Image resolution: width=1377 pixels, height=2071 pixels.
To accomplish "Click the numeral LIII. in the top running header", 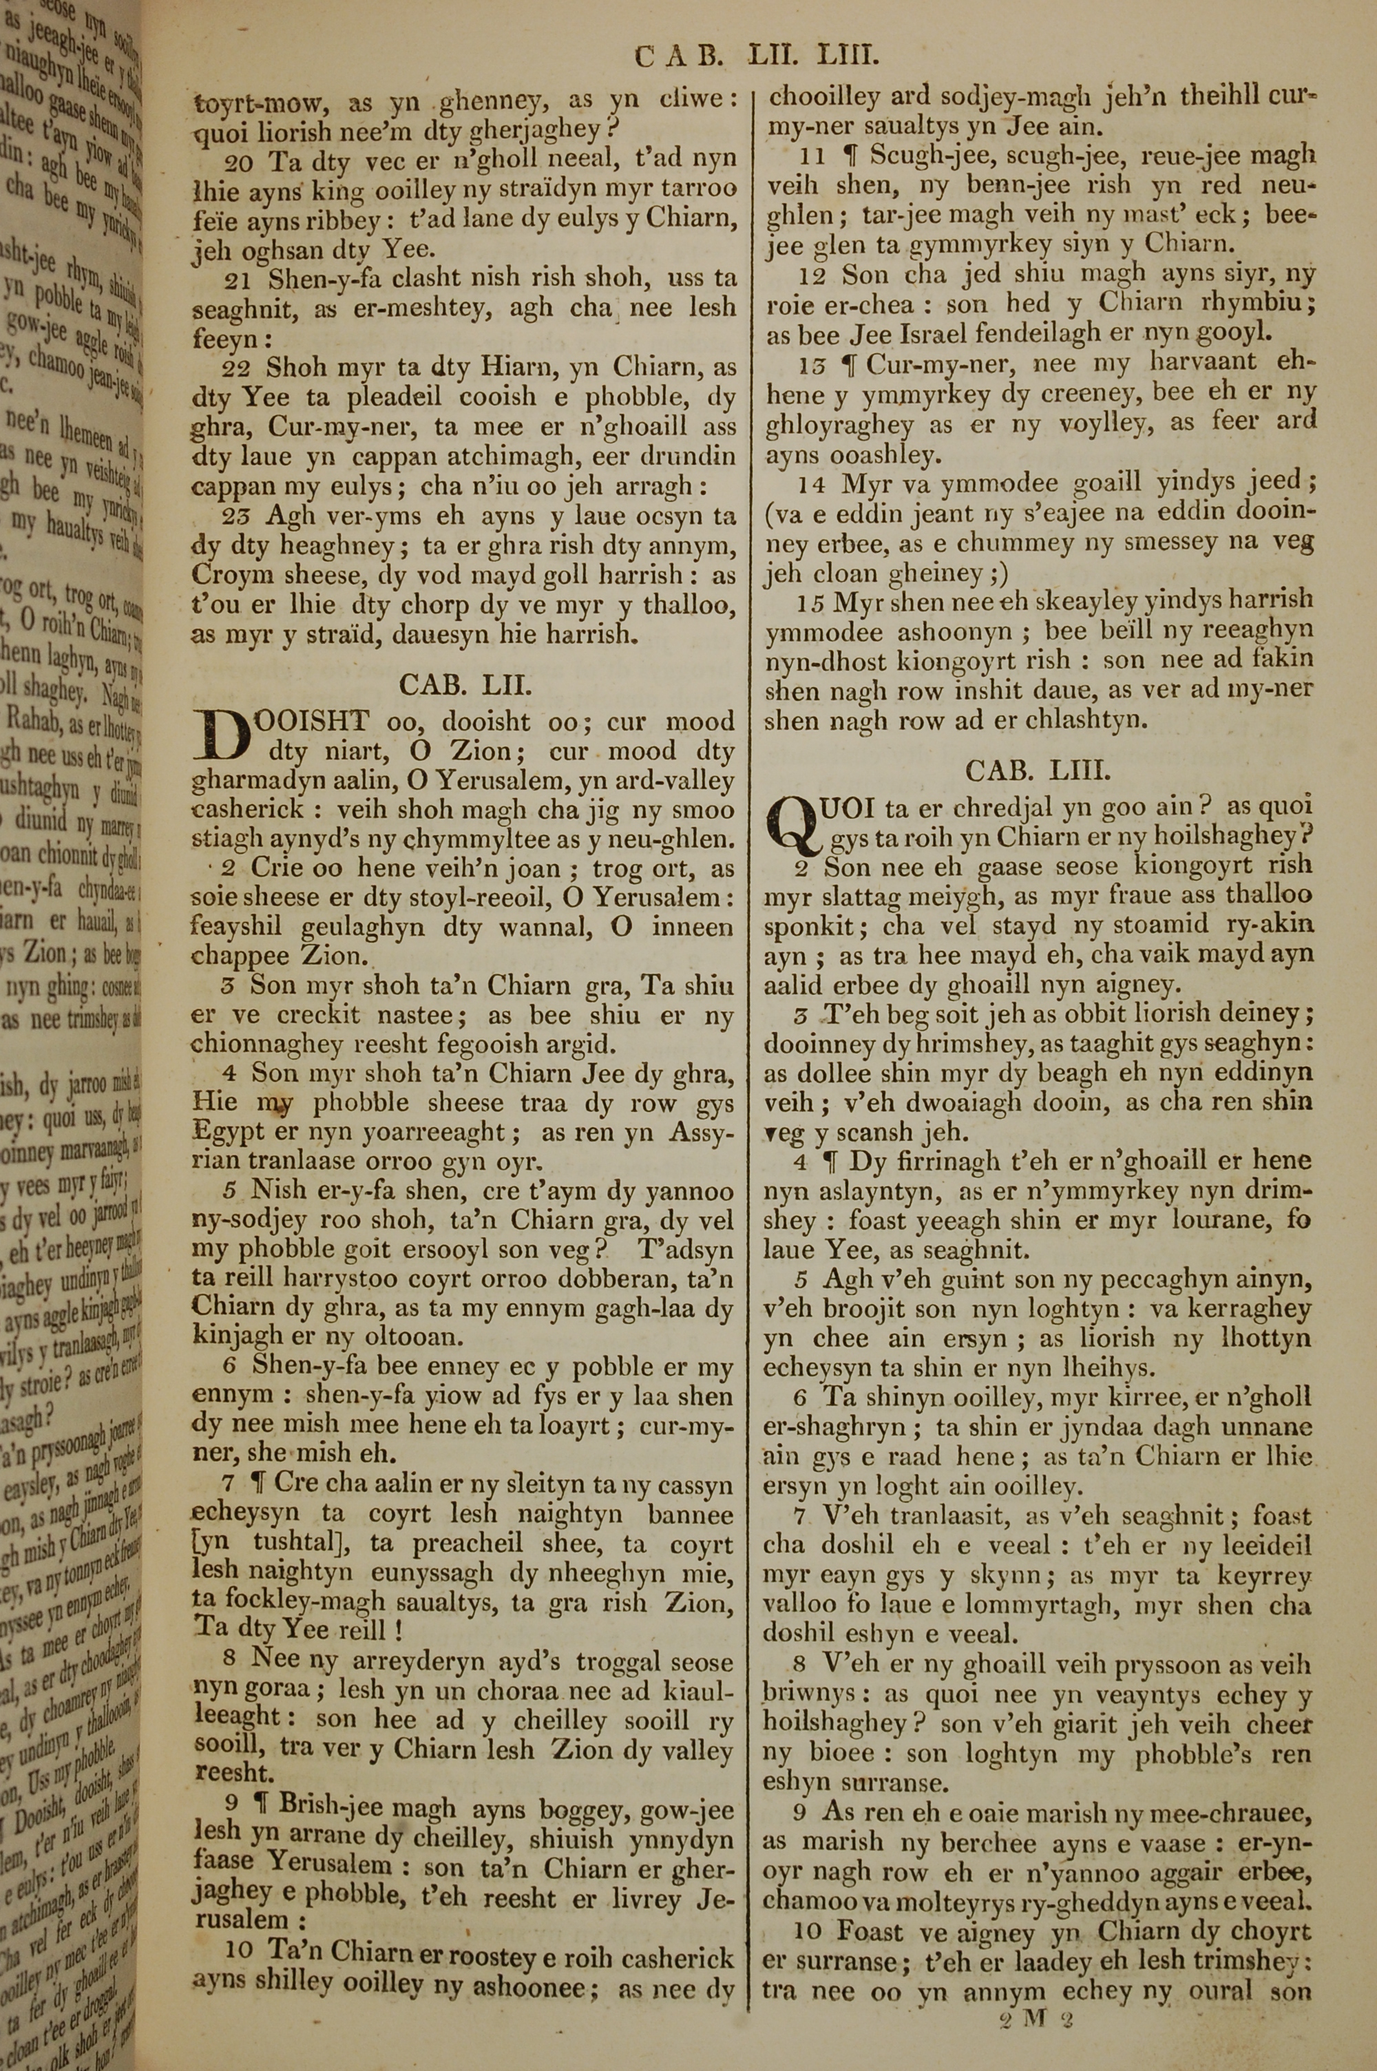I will [848, 58].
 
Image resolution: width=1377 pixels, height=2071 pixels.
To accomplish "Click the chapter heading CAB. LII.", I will [465, 685].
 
